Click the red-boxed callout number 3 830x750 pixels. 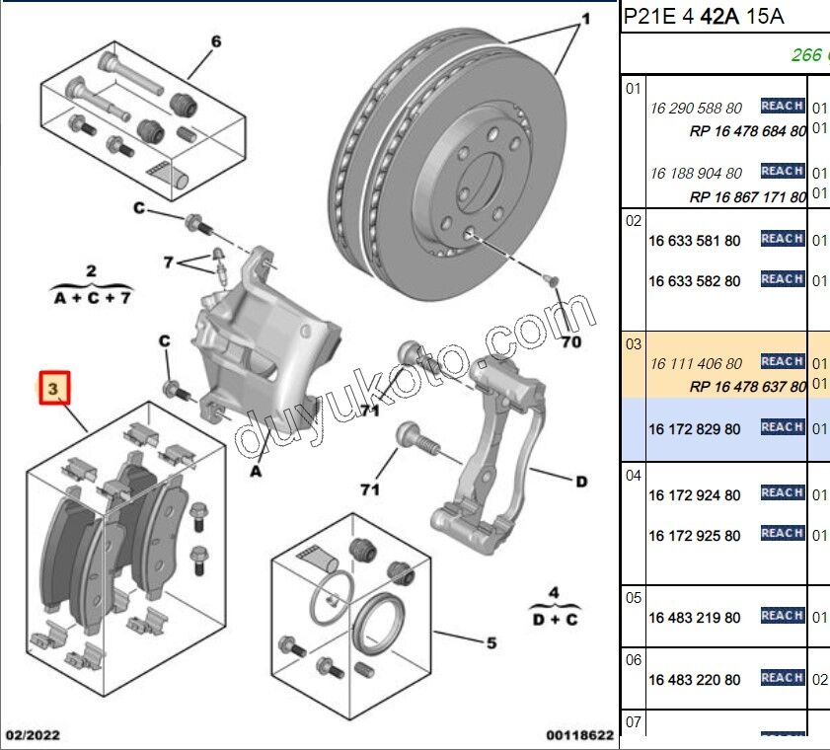pyautogui.click(x=54, y=390)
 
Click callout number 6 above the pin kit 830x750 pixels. pyautogui.click(x=216, y=41)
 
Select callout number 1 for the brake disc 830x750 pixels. pyautogui.click(x=585, y=19)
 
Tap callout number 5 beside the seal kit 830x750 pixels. pyautogui.click(x=490, y=643)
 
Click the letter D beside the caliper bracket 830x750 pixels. pyautogui.click(x=581, y=482)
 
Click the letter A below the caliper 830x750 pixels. pyautogui.click(x=256, y=472)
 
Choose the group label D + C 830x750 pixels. pyautogui.click(x=554, y=619)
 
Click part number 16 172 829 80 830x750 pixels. pyautogui.click(x=694, y=429)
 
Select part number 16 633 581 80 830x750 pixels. pyautogui.click(x=694, y=241)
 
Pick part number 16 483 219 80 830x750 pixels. pyautogui.click(x=694, y=618)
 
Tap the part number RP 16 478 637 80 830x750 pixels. pyautogui.click(x=747, y=387)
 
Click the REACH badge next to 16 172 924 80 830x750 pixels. pyautogui.click(x=782, y=492)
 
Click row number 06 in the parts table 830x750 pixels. pyautogui.click(x=634, y=659)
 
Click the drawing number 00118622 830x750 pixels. pyautogui.click(x=580, y=735)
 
